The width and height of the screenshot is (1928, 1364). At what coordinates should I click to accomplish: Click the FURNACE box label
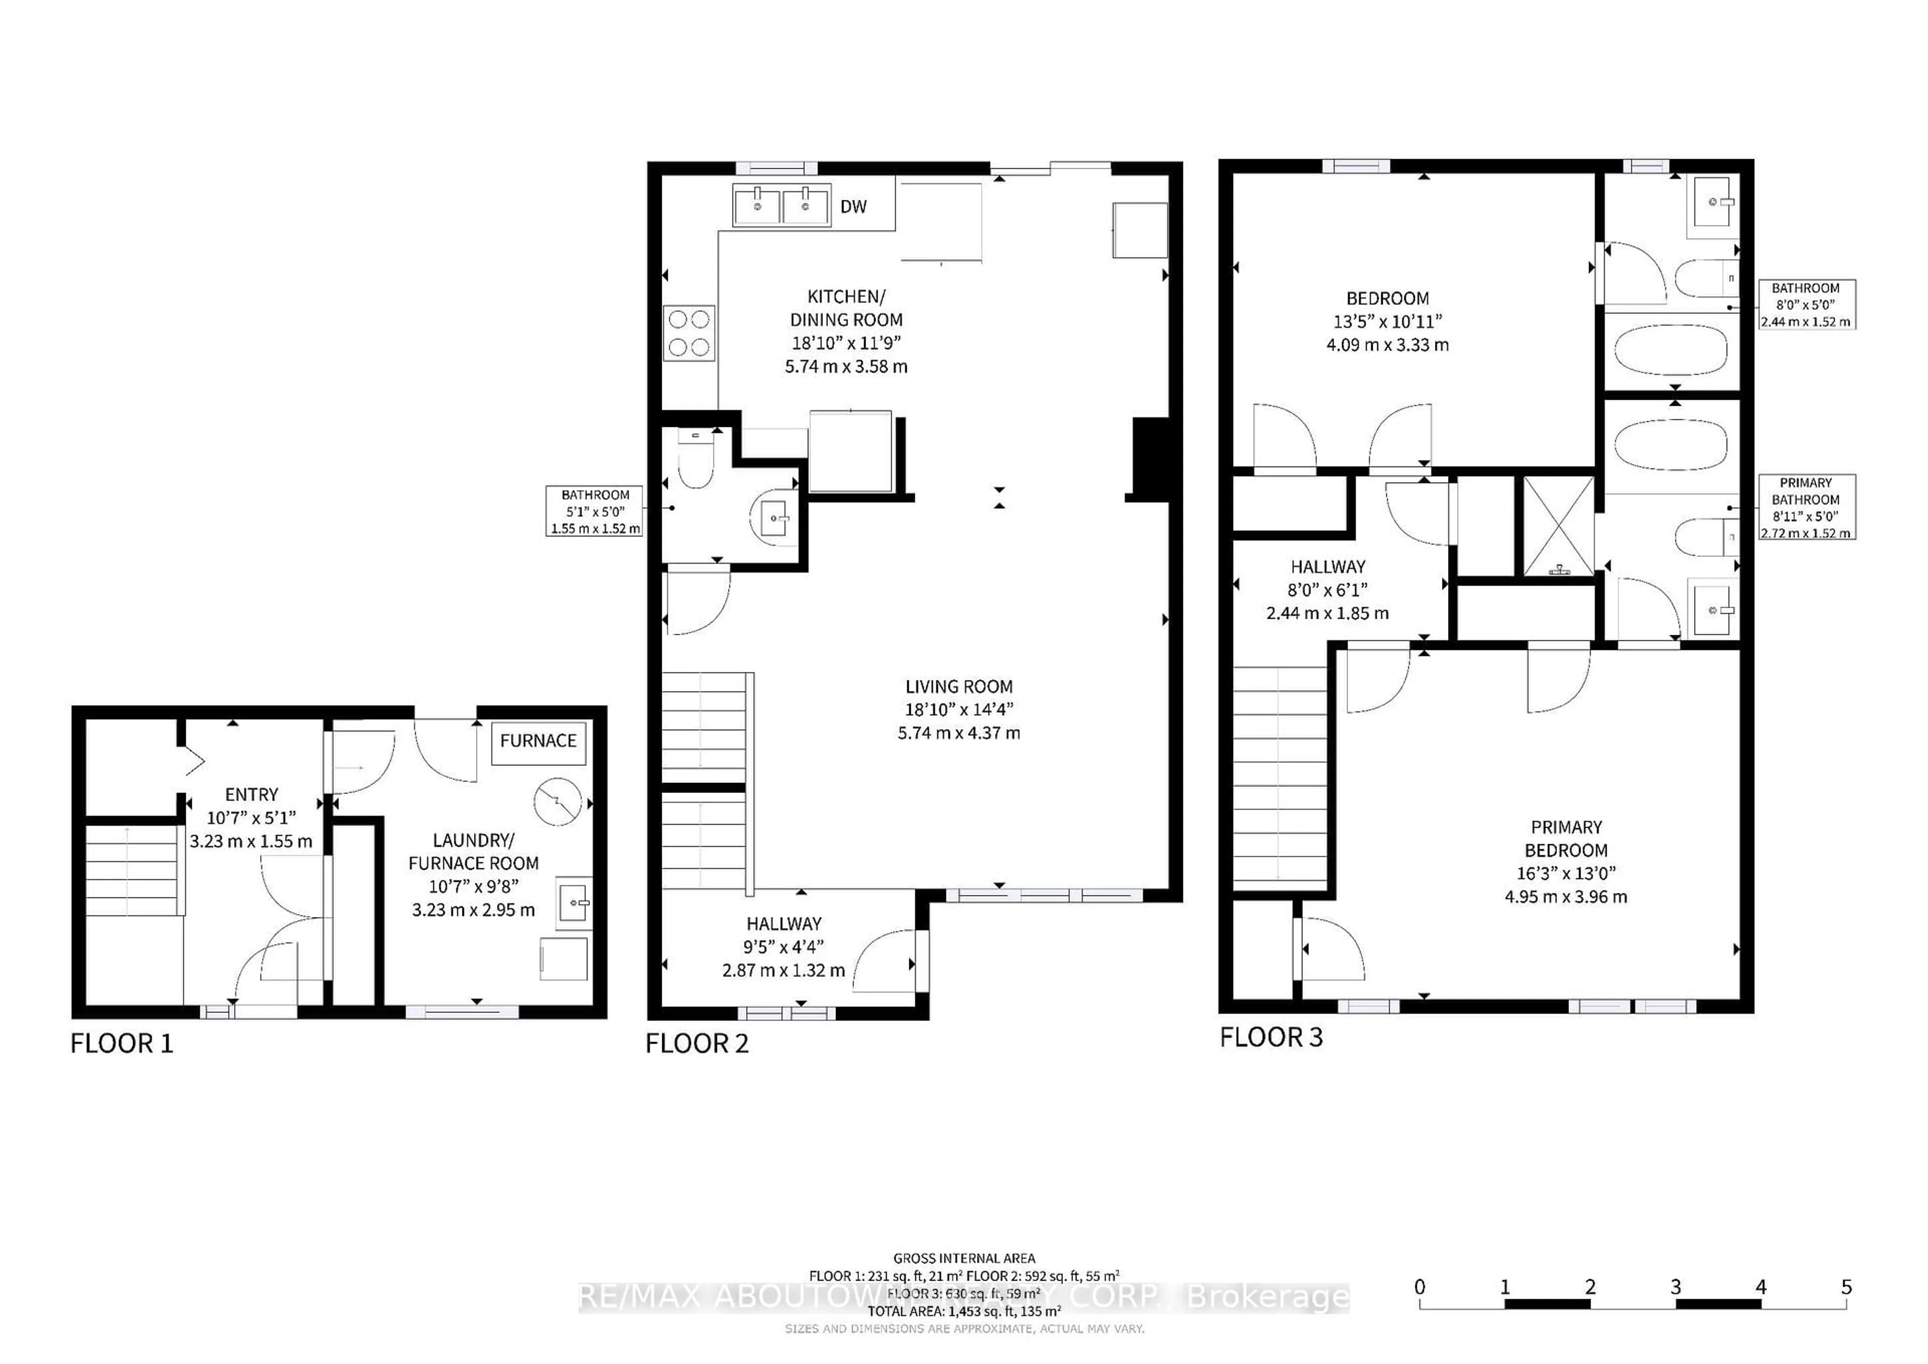[x=538, y=741]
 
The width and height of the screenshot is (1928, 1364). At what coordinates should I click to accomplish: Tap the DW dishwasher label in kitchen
[x=853, y=206]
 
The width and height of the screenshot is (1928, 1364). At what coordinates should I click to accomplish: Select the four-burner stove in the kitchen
[x=689, y=332]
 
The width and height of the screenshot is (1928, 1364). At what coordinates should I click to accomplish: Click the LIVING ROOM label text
[x=959, y=686]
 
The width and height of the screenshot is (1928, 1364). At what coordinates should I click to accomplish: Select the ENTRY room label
[x=251, y=794]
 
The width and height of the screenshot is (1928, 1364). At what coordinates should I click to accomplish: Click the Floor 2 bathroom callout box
[x=594, y=511]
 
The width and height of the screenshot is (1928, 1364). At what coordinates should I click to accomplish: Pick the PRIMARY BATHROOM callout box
[x=1806, y=507]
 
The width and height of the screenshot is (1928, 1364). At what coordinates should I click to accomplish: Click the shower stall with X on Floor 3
[x=1558, y=527]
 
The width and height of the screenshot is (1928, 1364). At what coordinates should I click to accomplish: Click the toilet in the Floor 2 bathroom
[x=695, y=462]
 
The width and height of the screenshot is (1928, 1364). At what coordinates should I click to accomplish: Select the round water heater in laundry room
[x=558, y=802]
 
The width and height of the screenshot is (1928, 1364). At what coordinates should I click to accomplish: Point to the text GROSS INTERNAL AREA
[x=964, y=1258]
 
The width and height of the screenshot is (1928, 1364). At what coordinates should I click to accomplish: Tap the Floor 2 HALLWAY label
[x=783, y=924]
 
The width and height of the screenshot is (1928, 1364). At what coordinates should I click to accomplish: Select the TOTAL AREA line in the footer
[x=964, y=1311]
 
